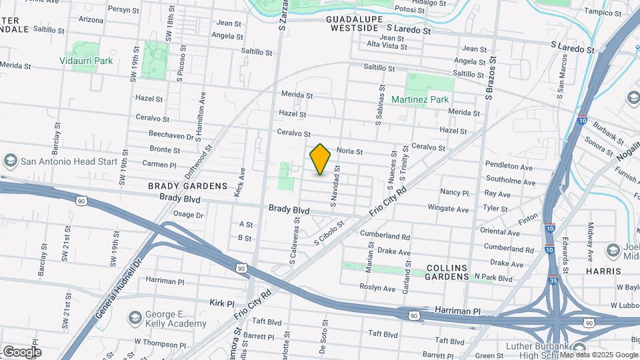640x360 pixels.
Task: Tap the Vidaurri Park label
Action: click(85, 61)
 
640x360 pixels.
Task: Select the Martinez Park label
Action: click(429, 99)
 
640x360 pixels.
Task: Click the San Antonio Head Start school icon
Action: click(10, 161)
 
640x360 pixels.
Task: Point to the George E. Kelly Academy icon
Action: click(135, 317)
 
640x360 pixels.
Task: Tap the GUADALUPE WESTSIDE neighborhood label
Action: click(353, 25)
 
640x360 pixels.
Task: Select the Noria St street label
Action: click(349, 151)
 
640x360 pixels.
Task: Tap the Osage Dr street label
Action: click(188, 215)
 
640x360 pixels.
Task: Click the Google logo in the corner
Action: click(21, 351)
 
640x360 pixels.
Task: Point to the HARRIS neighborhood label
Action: click(603, 271)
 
